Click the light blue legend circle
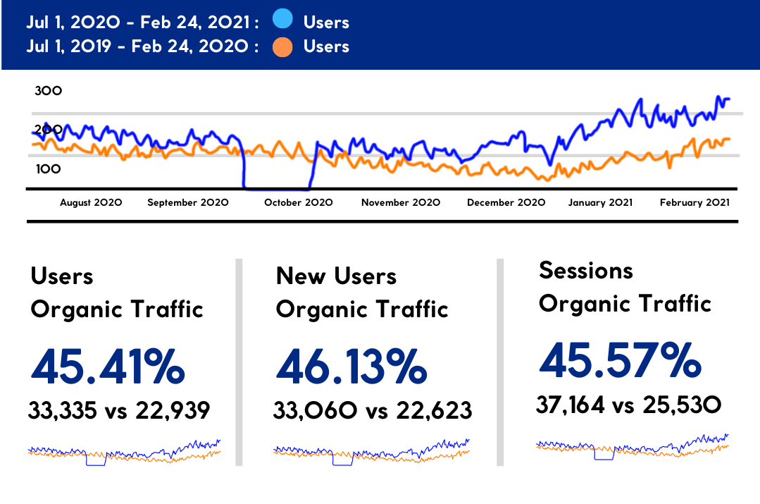point(282,22)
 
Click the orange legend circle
point(282,47)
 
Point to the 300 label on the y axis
point(49,91)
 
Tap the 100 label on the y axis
point(49,169)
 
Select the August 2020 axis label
point(91,202)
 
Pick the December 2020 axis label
point(506,202)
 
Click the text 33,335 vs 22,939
point(119,410)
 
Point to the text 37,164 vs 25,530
point(628,405)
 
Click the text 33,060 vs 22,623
point(373,410)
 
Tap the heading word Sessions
point(586,270)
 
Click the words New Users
point(336,276)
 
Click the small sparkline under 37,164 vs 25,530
point(632,448)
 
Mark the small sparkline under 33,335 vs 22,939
point(124,453)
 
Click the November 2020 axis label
point(401,202)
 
